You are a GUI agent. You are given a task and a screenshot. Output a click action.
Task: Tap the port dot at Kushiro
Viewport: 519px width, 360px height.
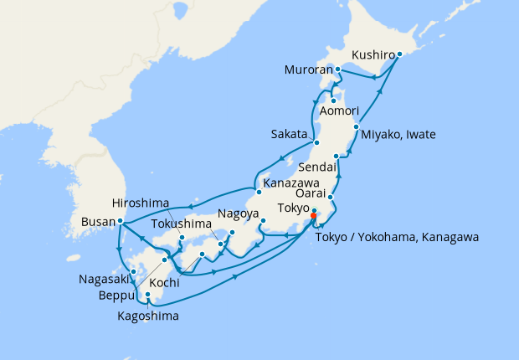point(399,54)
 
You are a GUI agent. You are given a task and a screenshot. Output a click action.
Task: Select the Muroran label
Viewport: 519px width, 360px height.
point(308,69)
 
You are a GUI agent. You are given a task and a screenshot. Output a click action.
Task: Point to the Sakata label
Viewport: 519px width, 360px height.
point(289,134)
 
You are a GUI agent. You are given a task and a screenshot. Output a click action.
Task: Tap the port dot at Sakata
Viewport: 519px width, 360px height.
point(315,142)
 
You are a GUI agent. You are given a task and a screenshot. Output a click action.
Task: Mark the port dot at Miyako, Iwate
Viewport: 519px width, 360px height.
point(357,127)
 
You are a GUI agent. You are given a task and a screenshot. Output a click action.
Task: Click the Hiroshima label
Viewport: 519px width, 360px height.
point(140,203)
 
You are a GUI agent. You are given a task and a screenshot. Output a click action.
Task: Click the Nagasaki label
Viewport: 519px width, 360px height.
point(104,279)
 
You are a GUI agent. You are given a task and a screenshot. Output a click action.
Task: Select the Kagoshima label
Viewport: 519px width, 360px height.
point(148,316)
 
